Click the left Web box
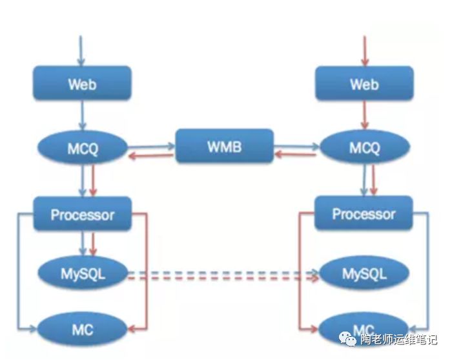pos(83,83)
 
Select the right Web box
pos(364,84)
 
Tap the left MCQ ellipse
pos(83,149)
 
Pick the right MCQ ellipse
pos(364,149)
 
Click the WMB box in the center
pos(224,146)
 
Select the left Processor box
pos(83,214)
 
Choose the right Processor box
pos(364,214)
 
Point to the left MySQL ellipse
pos(83,274)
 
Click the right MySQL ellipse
pos(364,274)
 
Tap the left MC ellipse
pos(83,330)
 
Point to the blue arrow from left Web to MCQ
pos(83,116)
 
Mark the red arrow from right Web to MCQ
pos(364,116)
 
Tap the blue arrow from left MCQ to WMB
pos(151,146)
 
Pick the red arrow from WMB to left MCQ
pos(151,155)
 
